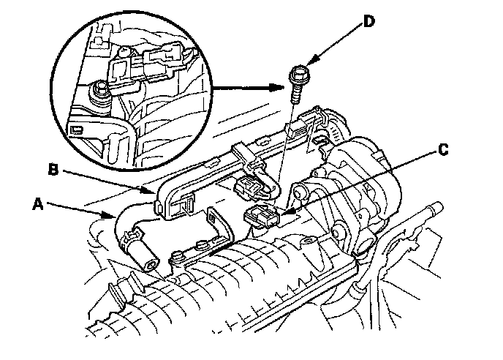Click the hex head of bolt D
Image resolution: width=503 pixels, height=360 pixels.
click(298, 74)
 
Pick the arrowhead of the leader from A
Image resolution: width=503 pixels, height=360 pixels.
click(112, 217)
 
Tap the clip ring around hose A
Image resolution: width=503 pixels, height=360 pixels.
click(129, 236)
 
